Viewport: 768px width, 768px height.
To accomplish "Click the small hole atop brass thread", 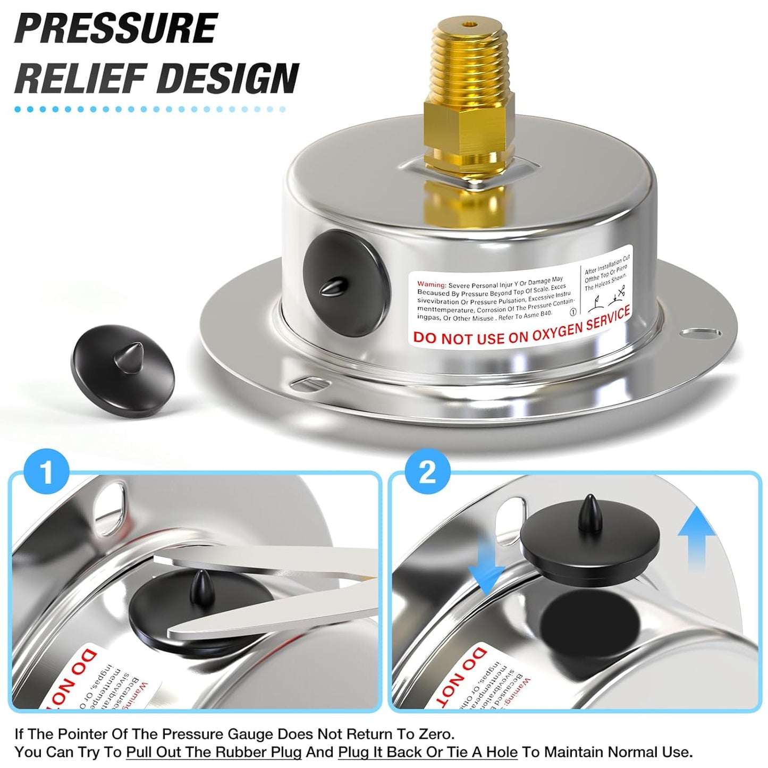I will [x=468, y=24].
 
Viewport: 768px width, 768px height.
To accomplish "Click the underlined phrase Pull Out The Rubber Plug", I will [x=214, y=752].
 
